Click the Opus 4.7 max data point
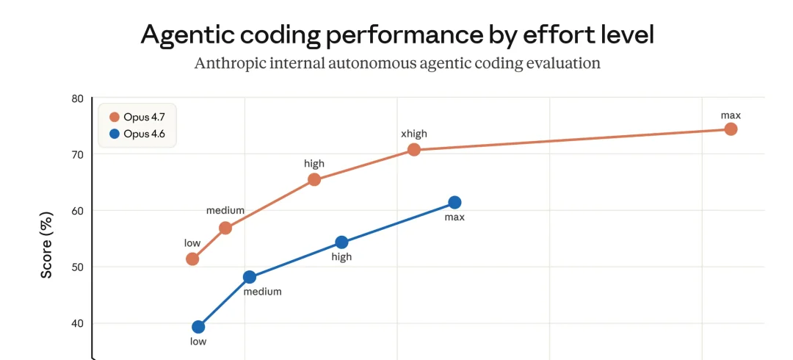click(x=731, y=129)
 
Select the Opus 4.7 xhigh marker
click(x=414, y=150)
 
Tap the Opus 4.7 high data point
click(x=314, y=179)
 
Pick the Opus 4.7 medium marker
click(x=225, y=228)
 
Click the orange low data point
click(x=192, y=259)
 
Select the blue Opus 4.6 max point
click(x=455, y=202)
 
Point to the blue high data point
click(x=341, y=242)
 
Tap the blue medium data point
click(x=250, y=277)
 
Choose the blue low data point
click(x=198, y=327)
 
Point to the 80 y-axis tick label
click(x=77, y=98)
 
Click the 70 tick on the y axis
click(x=77, y=154)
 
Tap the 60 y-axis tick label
click(x=77, y=211)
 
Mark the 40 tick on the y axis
click(x=77, y=323)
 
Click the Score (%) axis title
click(x=46, y=246)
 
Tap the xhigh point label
click(x=413, y=134)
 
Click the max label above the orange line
click(x=731, y=115)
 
